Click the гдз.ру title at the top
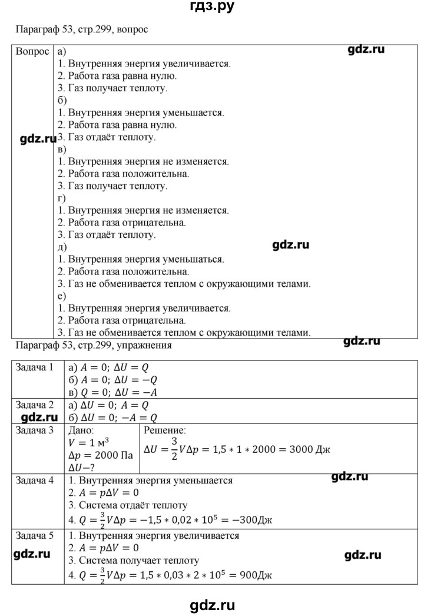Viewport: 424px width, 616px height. [212, 8]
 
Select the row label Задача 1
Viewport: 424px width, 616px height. [34, 368]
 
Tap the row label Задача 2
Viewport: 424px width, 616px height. [34, 406]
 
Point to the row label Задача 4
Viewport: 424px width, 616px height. [34, 481]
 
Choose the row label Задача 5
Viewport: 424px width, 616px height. [34, 536]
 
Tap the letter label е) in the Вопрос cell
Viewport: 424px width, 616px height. [62, 296]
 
